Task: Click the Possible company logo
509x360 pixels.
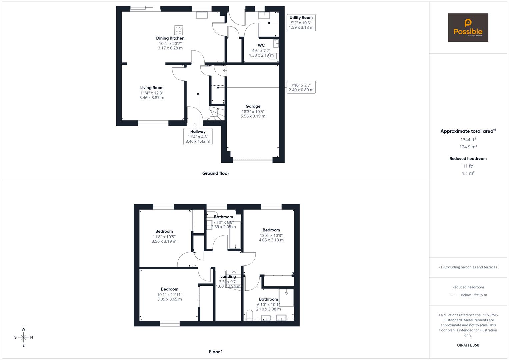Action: [468, 27]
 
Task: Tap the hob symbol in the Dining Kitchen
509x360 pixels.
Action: [179, 30]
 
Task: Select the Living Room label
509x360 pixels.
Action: [152, 88]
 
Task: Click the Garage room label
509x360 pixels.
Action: [253, 106]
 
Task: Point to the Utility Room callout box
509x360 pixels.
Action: [301, 22]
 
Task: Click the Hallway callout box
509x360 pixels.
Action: [198, 136]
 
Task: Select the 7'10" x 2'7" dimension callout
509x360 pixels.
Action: [301, 87]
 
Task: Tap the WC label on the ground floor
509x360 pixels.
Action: [261, 45]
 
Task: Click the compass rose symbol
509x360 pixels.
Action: [23, 337]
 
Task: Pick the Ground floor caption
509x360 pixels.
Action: [216, 173]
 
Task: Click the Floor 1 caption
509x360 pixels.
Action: [216, 352]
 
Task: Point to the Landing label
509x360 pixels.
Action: [228, 276]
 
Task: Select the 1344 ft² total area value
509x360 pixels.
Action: [468, 140]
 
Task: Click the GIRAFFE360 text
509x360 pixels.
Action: [468, 345]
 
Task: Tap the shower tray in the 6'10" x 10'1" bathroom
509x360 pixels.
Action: [286, 298]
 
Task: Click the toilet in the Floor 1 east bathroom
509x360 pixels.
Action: [250, 315]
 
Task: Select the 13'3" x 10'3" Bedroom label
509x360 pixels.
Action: [271, 230]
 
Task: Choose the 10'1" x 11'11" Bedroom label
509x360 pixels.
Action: [169, 289]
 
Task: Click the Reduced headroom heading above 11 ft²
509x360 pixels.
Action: [468, 159]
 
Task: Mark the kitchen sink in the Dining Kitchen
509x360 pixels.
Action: [202, 15]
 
